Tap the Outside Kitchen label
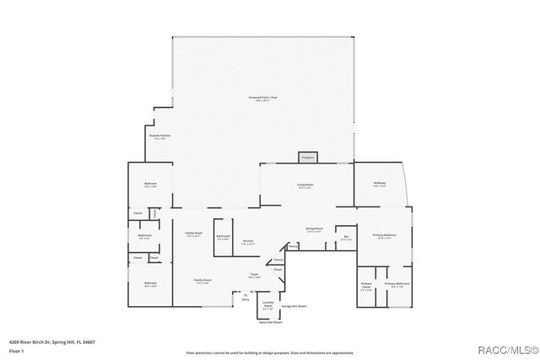tap(160, 137)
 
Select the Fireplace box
tap(308, 157)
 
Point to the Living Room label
tap(305, 186)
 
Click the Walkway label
tap(380, 185)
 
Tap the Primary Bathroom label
tap(397, 285)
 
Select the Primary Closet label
tap(366, 287)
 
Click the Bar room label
tap(346, 238)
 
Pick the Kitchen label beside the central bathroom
tap(248, 243)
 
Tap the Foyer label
tap(253, 276)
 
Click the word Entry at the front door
tap(246, 299)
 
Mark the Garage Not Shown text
tap(293, 305)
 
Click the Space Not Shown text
tap(270, 322)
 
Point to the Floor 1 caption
tap(16, 350)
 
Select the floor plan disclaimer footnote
tap(270, 352)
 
